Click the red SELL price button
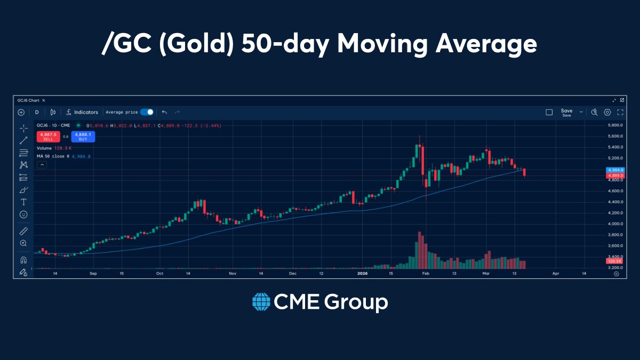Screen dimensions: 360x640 (x=48, y=137)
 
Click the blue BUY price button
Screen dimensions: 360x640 (x=82, y=137)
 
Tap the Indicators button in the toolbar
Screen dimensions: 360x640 (x=82, y=112)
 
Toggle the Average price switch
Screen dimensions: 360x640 (x=147, y=112)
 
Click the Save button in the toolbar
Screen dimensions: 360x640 (x=566, y=112)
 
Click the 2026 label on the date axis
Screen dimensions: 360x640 (x=363, y=273)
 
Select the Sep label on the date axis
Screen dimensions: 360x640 (x=93, y=273)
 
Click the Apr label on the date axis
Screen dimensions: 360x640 (x=556, y=273)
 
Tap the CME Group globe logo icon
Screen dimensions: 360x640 (x=261, y=302)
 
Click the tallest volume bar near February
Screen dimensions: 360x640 (x=420, y=251)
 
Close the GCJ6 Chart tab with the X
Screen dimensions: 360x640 (x=44, y=100)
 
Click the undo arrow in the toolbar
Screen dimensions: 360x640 (x=164, y=112)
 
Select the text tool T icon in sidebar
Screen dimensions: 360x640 (x=23, y=202)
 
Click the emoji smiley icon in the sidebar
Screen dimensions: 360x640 (x=23, y=214)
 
